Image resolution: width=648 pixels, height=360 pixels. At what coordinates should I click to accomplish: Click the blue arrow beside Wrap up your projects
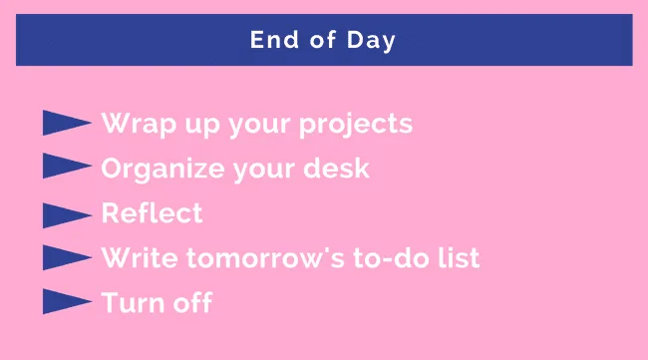point(67,124)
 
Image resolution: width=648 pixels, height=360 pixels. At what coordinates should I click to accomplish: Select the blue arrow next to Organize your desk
point(67,169)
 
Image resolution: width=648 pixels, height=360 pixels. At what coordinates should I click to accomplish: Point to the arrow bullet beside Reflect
point(67,213)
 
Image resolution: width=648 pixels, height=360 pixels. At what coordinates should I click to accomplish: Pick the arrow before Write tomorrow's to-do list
point(67,258)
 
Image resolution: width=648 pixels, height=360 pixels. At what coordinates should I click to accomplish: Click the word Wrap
point(136,124)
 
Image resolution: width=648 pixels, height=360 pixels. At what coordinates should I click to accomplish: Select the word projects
point(356,126)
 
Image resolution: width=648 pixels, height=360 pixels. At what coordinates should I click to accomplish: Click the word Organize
point(160,170)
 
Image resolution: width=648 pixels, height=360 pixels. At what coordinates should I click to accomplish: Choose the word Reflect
point(152,213)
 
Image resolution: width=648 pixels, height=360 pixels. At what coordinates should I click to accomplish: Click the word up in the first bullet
point(195,126)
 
